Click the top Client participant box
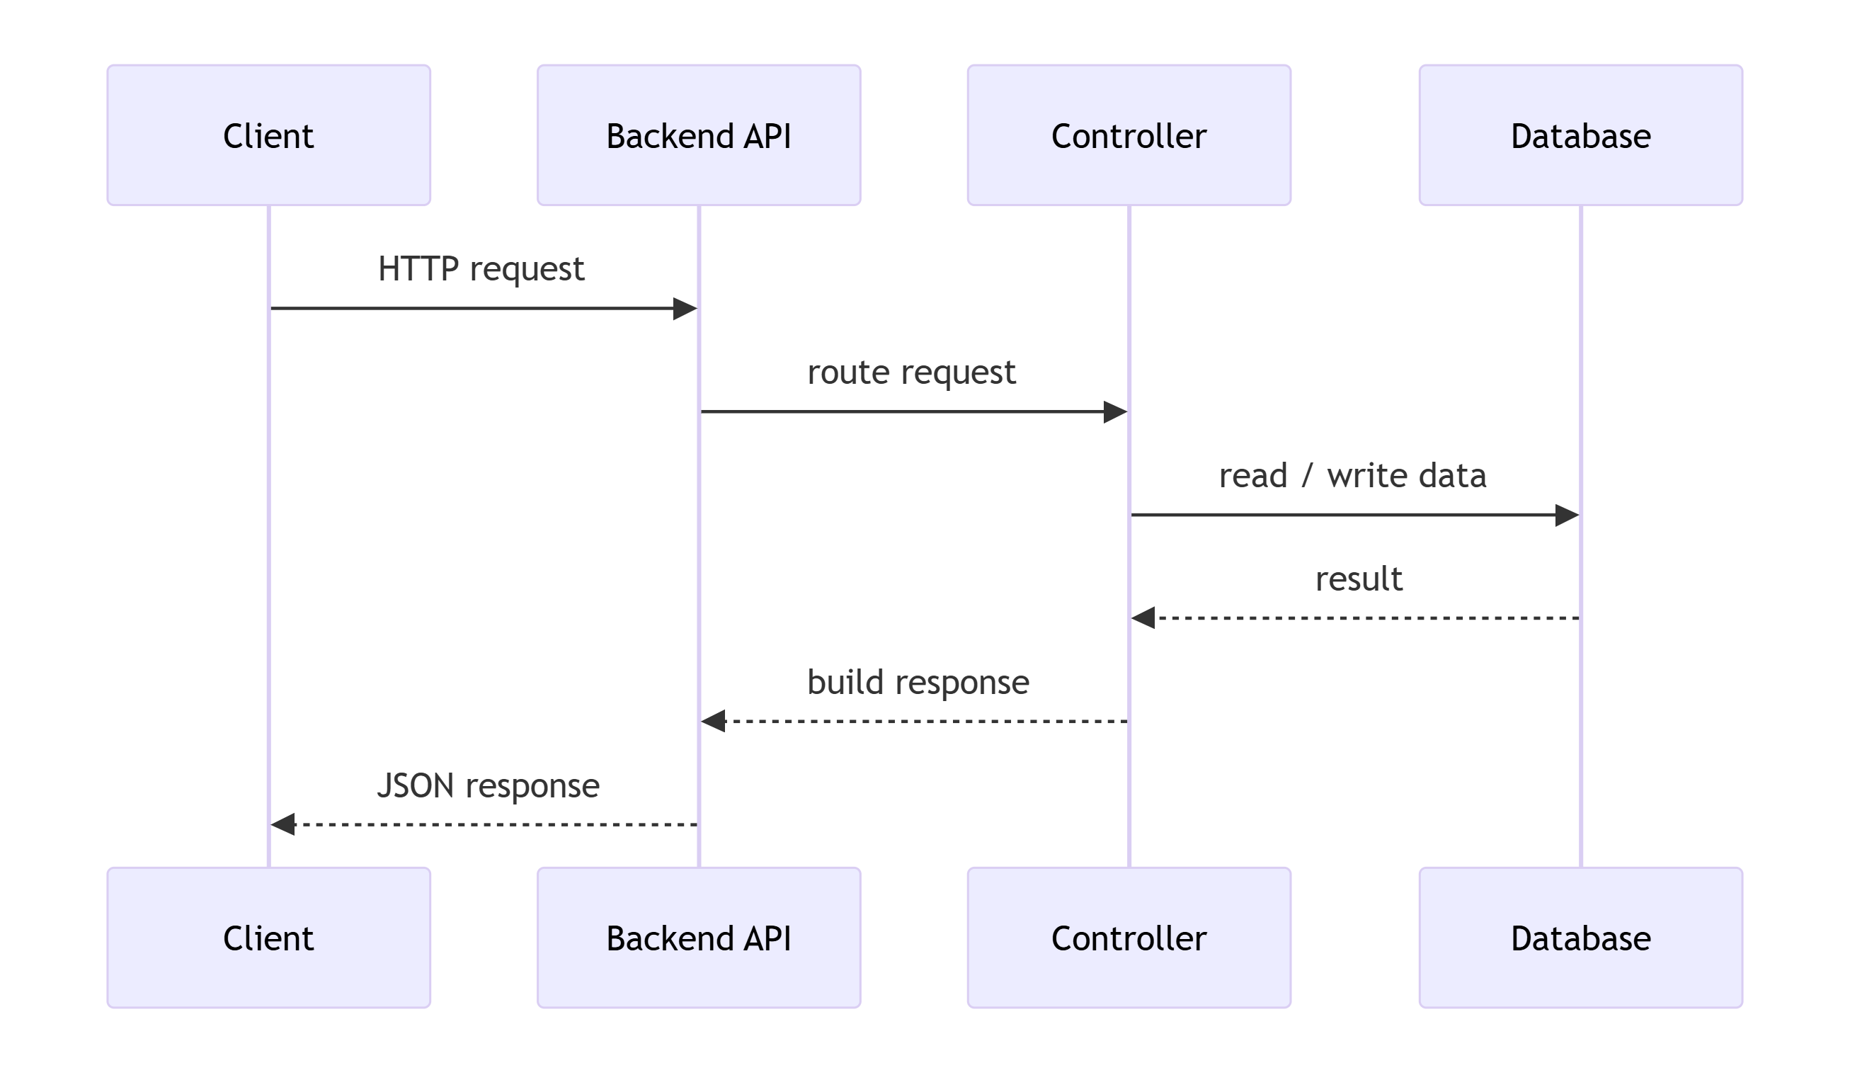tap(269, 135)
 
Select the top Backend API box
tap(698, 135)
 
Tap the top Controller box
tap(1129, 135)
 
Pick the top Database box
tap(1580, 135)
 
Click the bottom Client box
tap(269, 938)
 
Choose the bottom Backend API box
tap(698, 938)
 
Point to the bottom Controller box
tap(1129, 938)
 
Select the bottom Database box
tap(1580, 938)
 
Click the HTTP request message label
tap(481, 269)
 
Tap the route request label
tap(911, 372)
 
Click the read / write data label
tap(1352, 476)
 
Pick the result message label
tap(1359, 579)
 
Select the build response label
tap(918, 683)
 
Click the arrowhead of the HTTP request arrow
tap(685, 308)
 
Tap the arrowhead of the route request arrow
tap(1116, 412)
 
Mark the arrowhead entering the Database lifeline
tap(1568, 516)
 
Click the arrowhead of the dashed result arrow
tap(1142, 618)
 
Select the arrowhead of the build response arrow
tap(712, 721)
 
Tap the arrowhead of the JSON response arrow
tap(282, 824)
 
